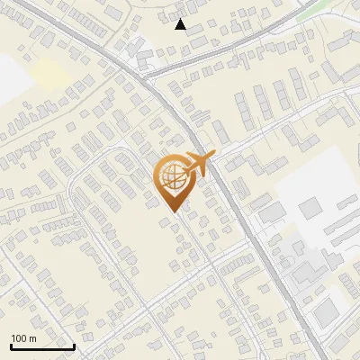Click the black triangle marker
(x=181, y=24)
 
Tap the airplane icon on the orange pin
(x=196, y=165)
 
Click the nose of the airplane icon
(x=212, y=155)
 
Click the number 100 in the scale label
(x=20, y=337)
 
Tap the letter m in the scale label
(x=33, y=337)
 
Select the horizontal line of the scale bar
(x=42, y=346)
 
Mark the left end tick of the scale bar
(x=11, y=345)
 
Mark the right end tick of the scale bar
(x=74, y=345)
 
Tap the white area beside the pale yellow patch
(x=11, y=76)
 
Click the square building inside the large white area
(x=310, y=209)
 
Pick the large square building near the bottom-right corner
(x=327, y=311)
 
